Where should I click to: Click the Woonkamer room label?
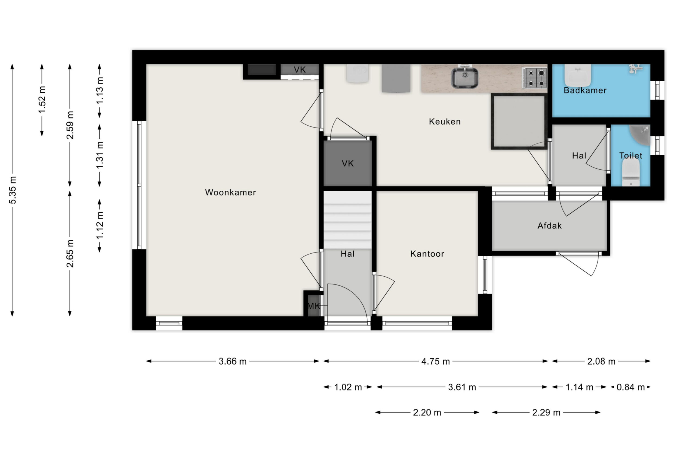[230, 192]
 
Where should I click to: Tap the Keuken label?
[445, 122]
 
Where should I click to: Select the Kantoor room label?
[427, 254]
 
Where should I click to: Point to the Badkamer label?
[585, 90]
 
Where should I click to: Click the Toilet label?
[631, 156]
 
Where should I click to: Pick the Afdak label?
[549, 226]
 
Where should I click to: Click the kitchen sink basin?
[465, 78]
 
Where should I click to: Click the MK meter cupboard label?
[314, 306]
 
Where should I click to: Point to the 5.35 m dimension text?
[12, 190]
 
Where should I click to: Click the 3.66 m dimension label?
[233, 361]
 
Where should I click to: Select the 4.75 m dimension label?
[435, 361]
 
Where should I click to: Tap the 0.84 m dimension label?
[631, 387]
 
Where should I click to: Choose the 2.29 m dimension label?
[546, 412]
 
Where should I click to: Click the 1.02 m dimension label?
[348, 387]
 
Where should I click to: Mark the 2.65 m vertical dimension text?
[70, 253]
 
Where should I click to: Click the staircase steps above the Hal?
[347, 220]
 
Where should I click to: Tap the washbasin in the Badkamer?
[578, 75]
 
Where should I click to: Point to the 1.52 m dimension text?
[42, 100]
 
